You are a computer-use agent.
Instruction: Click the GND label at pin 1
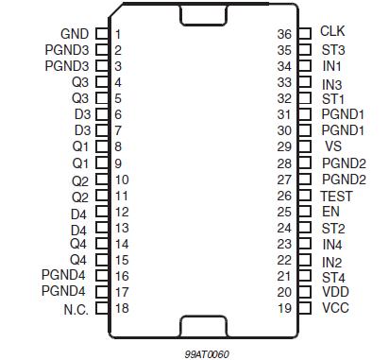(76, 33)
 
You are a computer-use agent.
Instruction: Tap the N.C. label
(75, 309)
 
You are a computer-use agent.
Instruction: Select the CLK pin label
(333, 32)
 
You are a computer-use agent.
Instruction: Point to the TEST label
(337, 196)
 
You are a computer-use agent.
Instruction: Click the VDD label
(335, 293)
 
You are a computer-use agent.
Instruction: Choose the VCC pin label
(335, 309)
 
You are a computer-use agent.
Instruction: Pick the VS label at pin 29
(332, 146)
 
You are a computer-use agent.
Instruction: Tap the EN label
(330, 212)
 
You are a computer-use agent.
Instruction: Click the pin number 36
(283, 34)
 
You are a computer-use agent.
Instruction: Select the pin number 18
(122, 309)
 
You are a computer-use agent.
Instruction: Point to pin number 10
(122, 180)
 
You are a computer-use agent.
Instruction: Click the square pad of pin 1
(102, 33)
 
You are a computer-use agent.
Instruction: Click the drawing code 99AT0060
(208, 352)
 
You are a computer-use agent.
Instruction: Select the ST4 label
(333, 277)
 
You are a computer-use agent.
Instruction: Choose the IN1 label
(331, 66)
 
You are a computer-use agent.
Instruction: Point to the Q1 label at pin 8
(79, 146)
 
